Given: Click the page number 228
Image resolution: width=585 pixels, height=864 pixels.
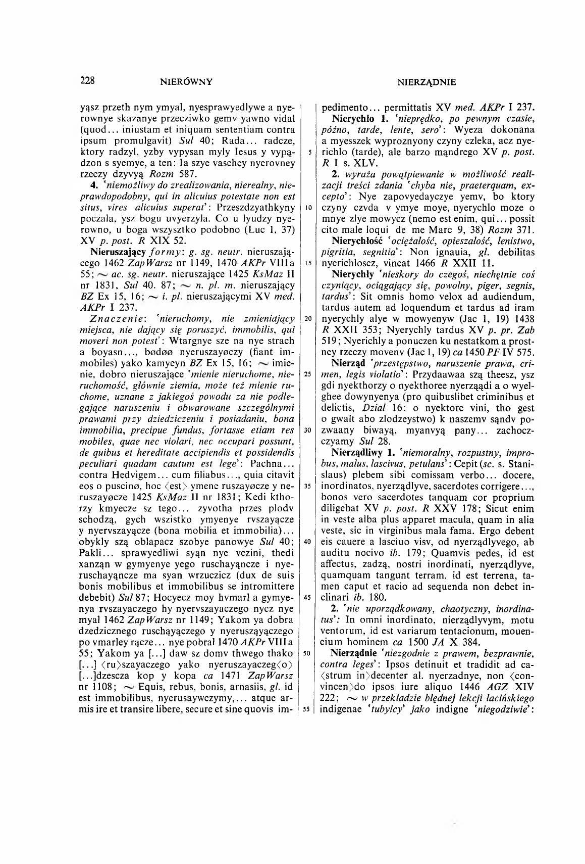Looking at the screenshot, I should pos(87,80).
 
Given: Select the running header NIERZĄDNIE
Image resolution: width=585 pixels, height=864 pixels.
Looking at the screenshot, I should pos(427,82).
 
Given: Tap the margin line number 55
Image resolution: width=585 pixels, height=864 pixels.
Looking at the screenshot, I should pos(306,709).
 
